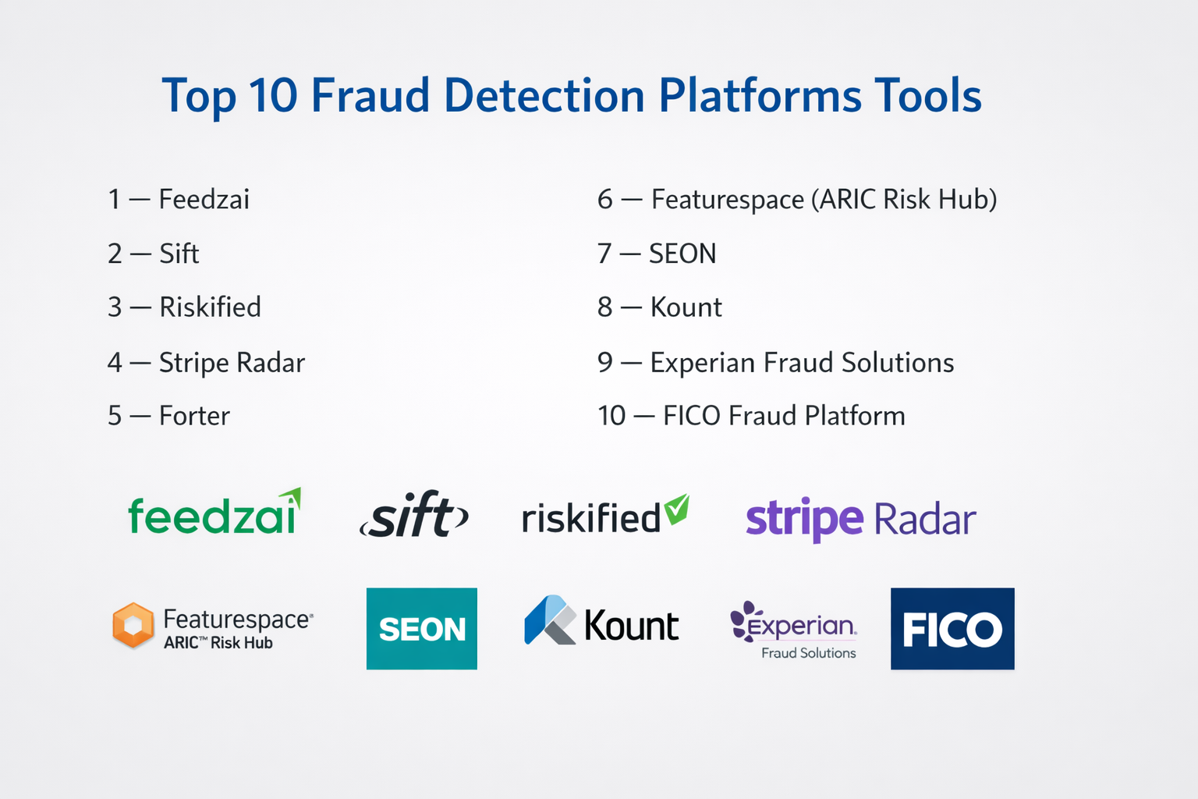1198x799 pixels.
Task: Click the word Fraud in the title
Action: click(x=370, y=95)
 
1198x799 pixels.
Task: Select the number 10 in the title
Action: click(x=273, y=95)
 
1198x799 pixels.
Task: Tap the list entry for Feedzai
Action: click(x=179, y=199)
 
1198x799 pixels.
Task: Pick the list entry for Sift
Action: click(x=154, y=253)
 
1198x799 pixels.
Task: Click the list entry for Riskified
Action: click(x=185, y=307)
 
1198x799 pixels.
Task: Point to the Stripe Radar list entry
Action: click(x=207, y=362)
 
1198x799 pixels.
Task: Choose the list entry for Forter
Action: click(x=169, y=416)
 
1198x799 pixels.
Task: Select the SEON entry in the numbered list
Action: click(x=657, y=253)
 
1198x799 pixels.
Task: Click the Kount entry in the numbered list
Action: click(x=660, y=307)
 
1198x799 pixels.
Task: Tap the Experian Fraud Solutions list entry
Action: click(x=776, y=362)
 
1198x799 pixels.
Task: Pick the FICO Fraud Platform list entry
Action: click(x=751, y=416)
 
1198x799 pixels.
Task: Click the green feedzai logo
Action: click(x=214, y=512)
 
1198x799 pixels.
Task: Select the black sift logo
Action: click(x=414, y=514)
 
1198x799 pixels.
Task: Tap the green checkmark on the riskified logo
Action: click(x=676, y=509)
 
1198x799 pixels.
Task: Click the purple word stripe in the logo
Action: click(x=804, y=519)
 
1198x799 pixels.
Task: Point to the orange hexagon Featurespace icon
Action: click(x=133, y=625)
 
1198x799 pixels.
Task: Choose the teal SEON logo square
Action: click(x=421, y=629)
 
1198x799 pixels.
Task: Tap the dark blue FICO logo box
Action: click(x=952, y=629)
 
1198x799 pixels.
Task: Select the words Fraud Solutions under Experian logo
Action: click(x=809, y=653)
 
